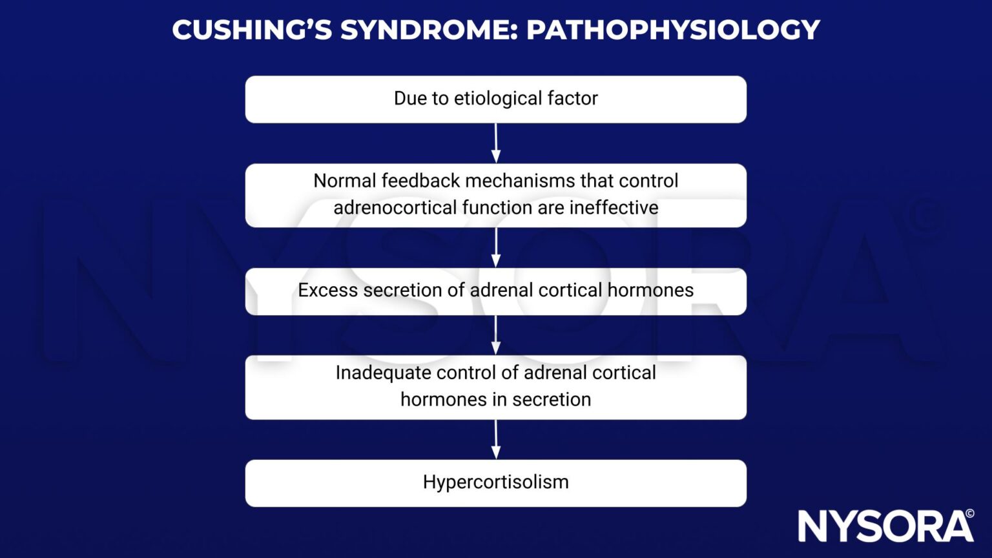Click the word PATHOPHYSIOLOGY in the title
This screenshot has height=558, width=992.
673,30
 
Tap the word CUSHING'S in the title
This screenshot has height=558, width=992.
252,30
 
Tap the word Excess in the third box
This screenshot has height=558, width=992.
327,291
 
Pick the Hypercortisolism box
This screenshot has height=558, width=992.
496,483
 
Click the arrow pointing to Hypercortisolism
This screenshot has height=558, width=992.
496,440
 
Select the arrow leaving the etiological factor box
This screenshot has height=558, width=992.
496,143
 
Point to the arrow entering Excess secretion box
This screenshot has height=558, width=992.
496,247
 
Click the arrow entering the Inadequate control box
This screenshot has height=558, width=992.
496,335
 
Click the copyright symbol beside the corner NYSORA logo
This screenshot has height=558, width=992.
969,514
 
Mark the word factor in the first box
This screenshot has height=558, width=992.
572,98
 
